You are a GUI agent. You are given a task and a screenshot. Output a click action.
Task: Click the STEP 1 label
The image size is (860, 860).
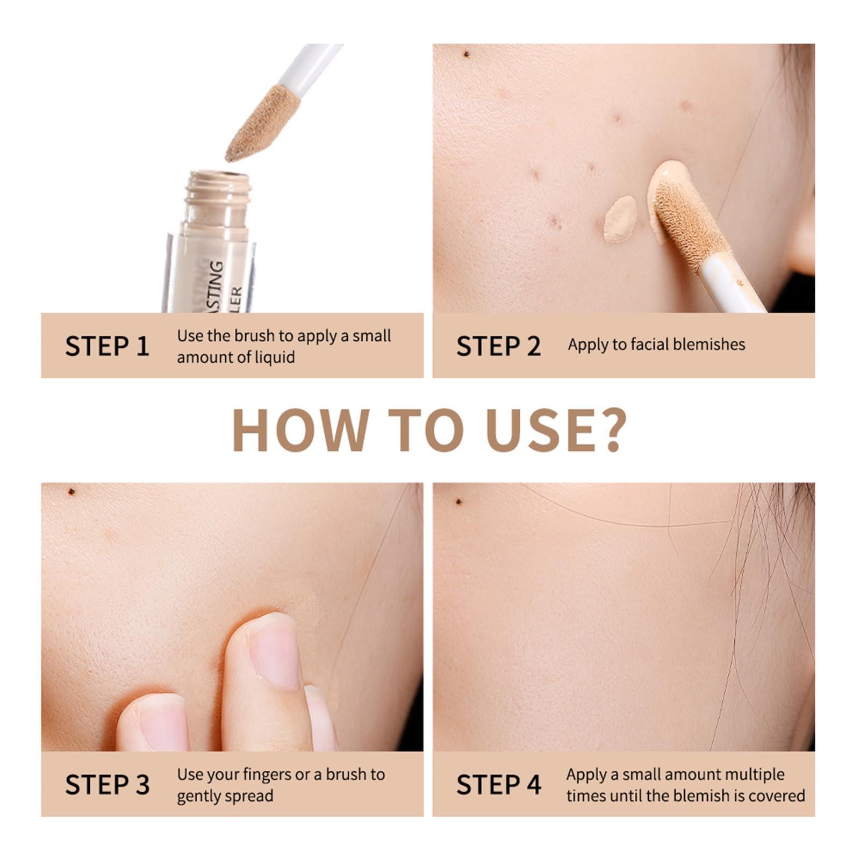tap(107, 346)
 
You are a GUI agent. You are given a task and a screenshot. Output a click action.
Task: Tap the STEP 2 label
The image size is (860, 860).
tap(498, 346)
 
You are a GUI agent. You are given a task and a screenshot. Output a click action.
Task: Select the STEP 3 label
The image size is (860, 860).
tap(107, 785)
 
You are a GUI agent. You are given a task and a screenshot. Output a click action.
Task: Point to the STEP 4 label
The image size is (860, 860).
tap(498, 785)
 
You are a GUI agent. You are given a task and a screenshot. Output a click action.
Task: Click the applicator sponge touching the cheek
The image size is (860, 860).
tap(689, 224)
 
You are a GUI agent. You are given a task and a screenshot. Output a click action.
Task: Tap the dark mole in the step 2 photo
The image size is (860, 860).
tap(466, 54)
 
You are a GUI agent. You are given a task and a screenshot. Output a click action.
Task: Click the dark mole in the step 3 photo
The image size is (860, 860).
tap(71, 492)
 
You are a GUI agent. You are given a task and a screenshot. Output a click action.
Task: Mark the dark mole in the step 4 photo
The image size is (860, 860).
tap(458, 501)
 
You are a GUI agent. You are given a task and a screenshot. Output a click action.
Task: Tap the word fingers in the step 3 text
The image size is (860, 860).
tap(267, 775)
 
